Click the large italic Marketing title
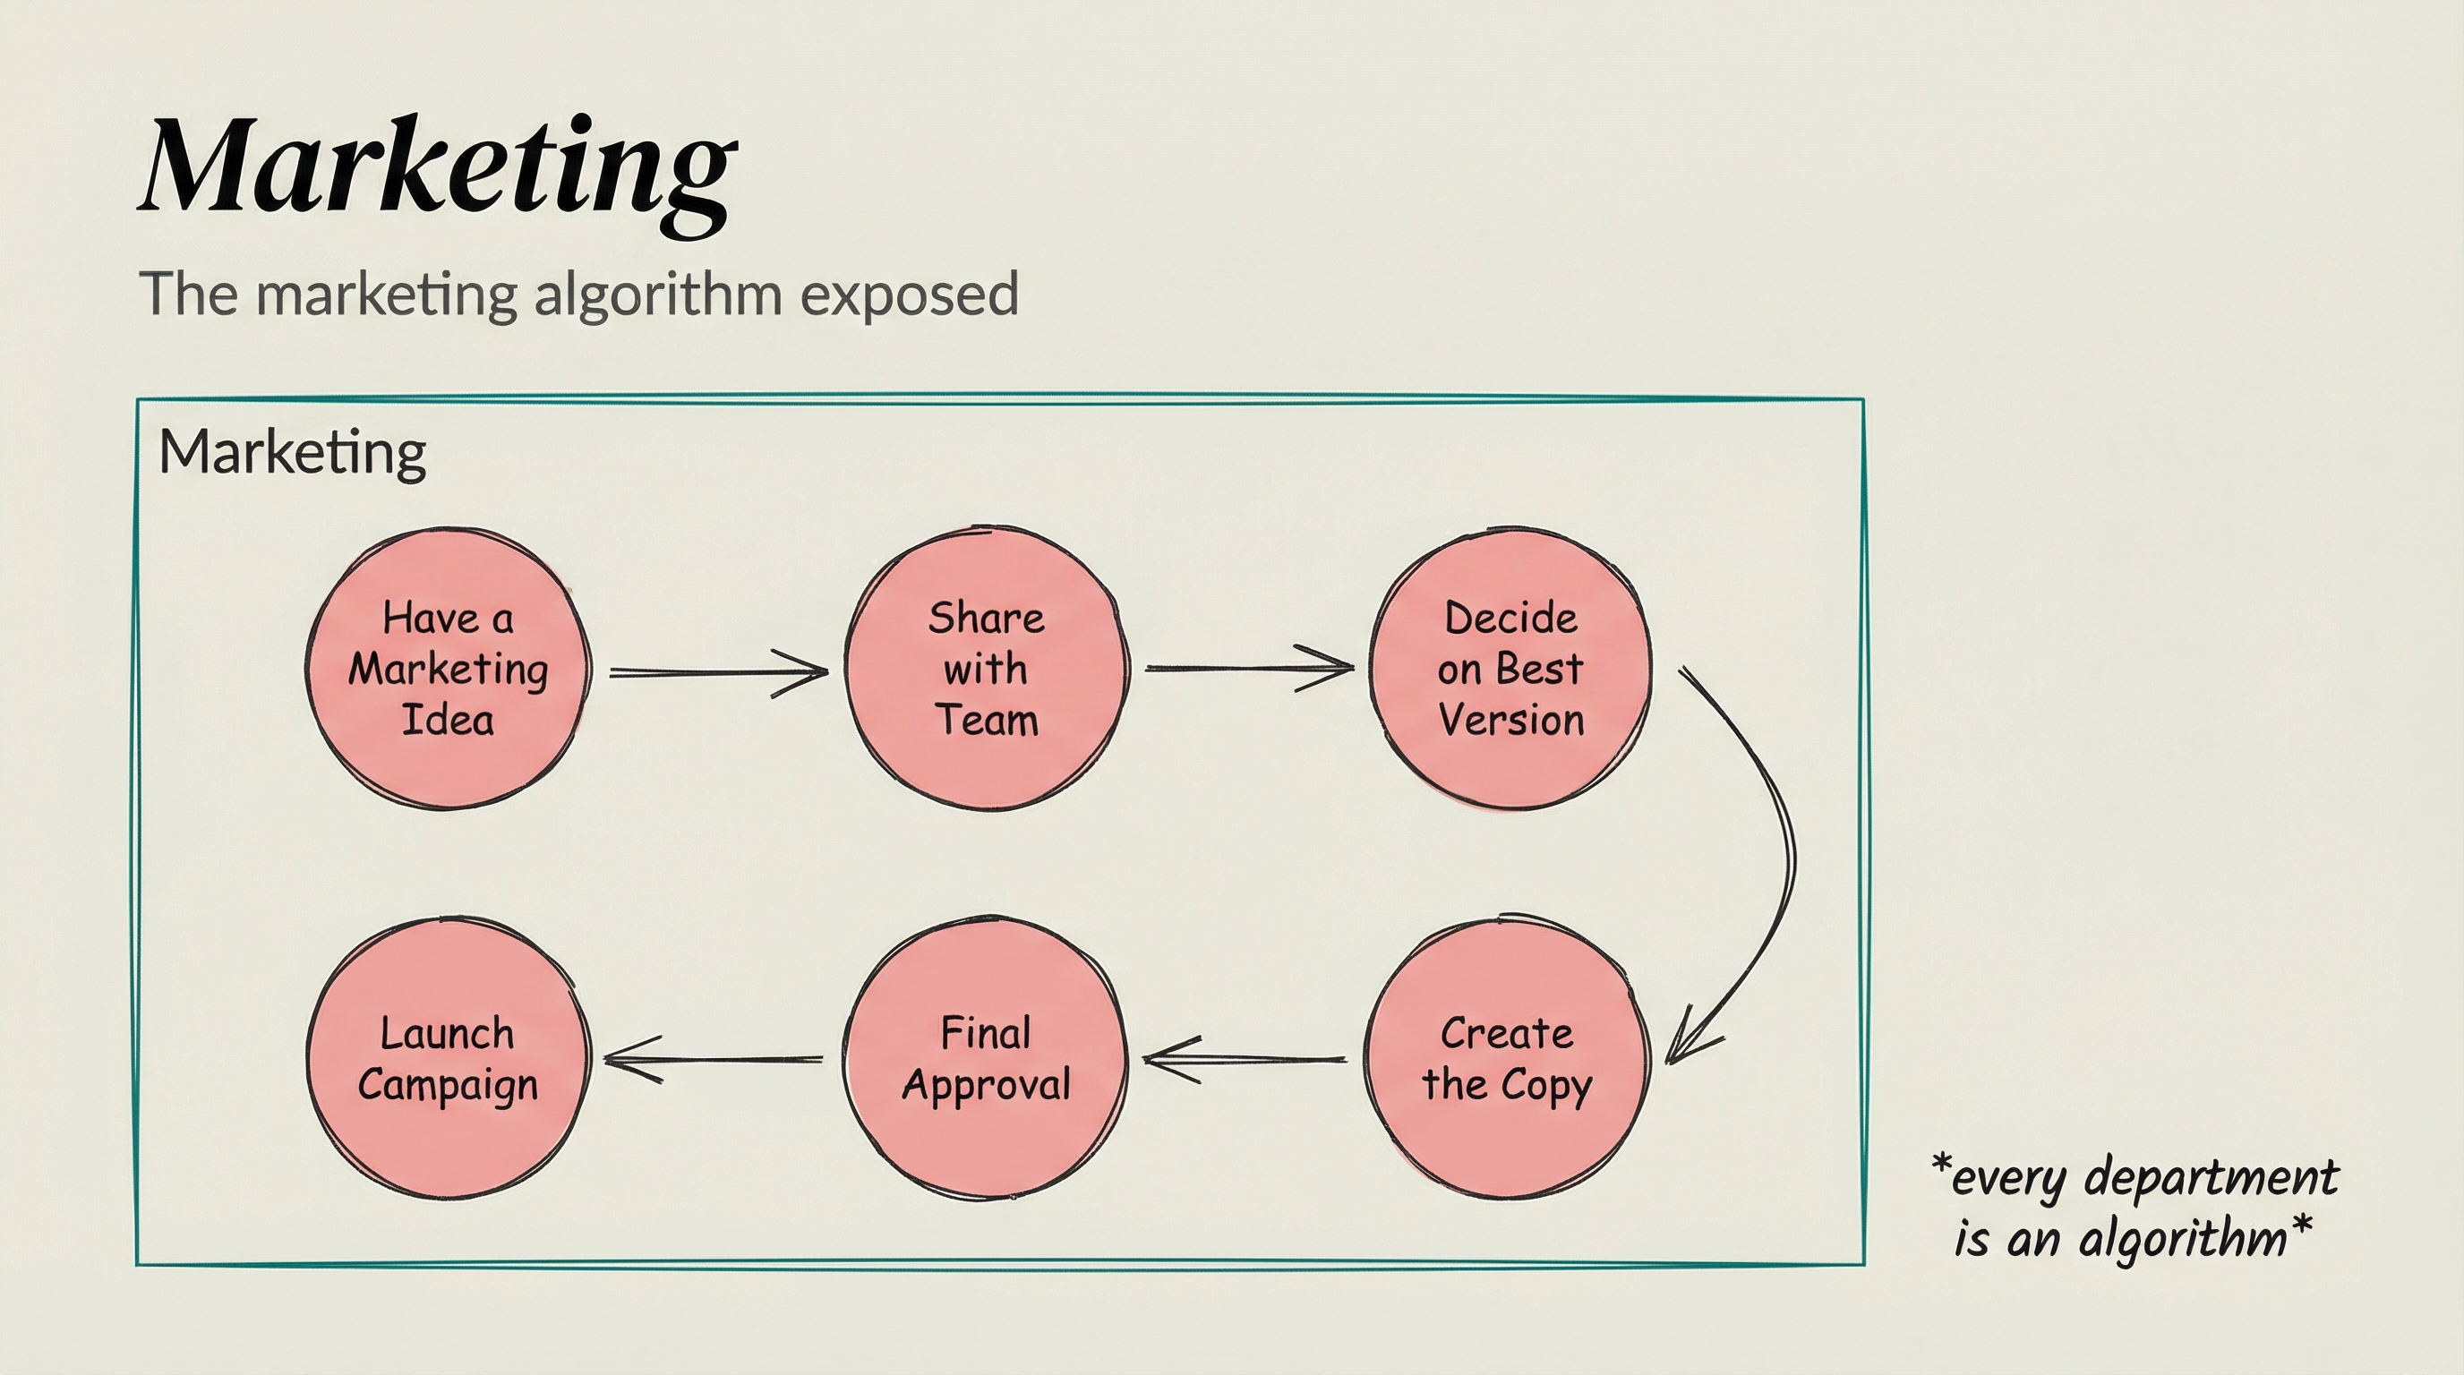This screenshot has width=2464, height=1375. (439, 167)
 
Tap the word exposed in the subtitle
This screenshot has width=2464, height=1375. (909, 295)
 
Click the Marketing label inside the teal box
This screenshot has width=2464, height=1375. (292, 452)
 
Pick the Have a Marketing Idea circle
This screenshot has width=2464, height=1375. (448, 669)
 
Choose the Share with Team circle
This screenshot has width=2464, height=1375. (986, 669)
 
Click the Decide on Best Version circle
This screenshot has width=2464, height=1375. (1510, 669)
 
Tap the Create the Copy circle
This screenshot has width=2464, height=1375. (1507, 1060)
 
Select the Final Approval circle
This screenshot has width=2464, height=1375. (986, 1060)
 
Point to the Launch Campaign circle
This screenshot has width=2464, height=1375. (448, 1060)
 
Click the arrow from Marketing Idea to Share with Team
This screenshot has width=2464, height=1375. (717, 672)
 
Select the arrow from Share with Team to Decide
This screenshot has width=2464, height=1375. (1248, 668)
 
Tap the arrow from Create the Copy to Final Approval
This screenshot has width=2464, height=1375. (1244, 1058)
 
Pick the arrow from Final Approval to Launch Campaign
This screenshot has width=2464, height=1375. (713, 1058)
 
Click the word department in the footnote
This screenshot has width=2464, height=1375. (2211, 1178)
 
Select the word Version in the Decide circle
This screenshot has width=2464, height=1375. (1510, 720)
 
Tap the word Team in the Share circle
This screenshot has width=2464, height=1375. (986, 720)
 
